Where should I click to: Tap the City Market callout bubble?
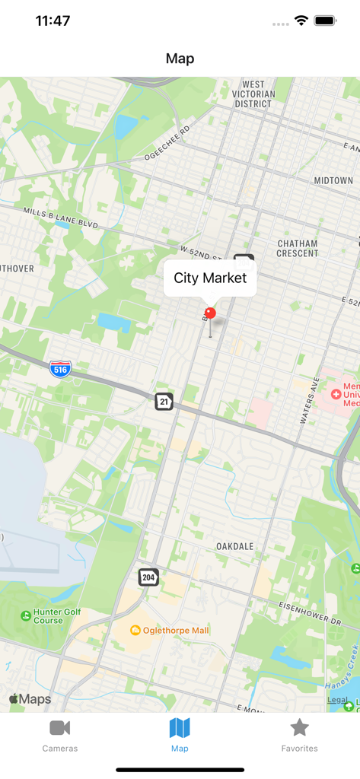coord(210,278)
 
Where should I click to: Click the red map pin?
coord(210,313)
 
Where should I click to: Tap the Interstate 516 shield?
coord(60,370)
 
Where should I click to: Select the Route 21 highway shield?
coord(164,401)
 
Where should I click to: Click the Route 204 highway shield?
coord(148,577)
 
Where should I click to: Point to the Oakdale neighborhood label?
coord(234,546)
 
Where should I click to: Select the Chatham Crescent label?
coord(297,249)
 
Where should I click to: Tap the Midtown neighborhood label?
coord(333,180)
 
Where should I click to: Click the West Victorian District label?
coord(253,94)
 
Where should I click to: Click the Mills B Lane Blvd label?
coord(61,218)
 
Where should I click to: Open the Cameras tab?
coord(60,735)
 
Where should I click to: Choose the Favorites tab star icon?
coord(300,728)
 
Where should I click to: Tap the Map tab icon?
coord(180,728)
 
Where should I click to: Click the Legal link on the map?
coord(337,700)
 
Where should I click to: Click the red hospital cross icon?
coord(336,394)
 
